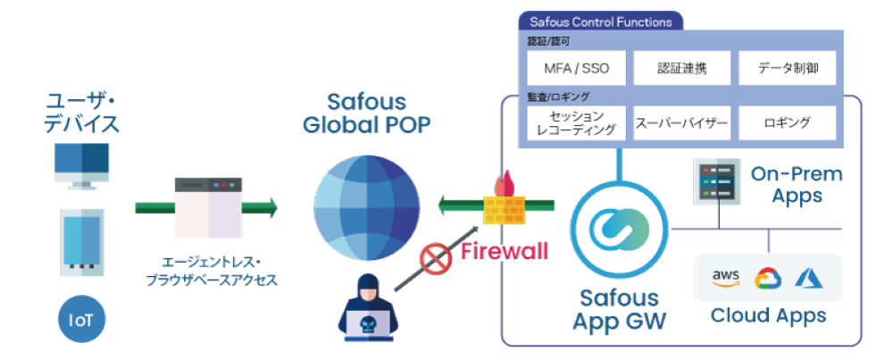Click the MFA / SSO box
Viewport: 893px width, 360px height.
[x=572, y=67]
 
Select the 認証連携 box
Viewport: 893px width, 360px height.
[x=681, y=67]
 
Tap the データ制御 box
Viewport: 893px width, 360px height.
[x=787, y=67]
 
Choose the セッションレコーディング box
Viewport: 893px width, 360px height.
[x=572, y=122]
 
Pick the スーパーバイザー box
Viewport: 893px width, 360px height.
[x=681, y=122]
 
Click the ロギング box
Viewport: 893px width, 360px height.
[x=787, y=122]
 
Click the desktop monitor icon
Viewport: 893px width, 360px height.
[x=82, y=165]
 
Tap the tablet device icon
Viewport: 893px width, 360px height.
[x=82, y=240]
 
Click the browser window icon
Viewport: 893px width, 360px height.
[x=207, y=207]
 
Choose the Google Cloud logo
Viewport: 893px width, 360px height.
[x=768, y=279]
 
